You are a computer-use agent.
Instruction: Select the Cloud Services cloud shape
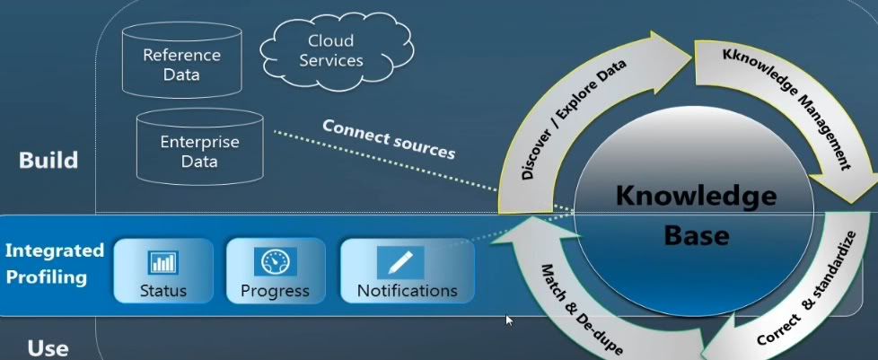click(x=330, y=51)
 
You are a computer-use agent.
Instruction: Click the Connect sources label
click(x=389, y=137)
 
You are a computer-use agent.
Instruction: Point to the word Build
click(x=48, y=161)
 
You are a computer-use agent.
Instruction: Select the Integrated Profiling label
click(x=54, y=263)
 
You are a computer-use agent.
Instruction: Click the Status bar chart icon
click(x=162, y=262)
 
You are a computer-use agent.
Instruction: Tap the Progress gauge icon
click(x=274, y=262)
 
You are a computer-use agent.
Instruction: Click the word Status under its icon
click(x=163, y=291)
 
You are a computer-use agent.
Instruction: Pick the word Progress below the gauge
click(x=275, y=291)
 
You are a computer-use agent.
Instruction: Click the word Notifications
click(x=407, y=291)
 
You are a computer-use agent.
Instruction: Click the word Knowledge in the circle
click(x=696, y=196)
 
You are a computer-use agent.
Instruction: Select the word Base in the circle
click(x=696, y=235)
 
